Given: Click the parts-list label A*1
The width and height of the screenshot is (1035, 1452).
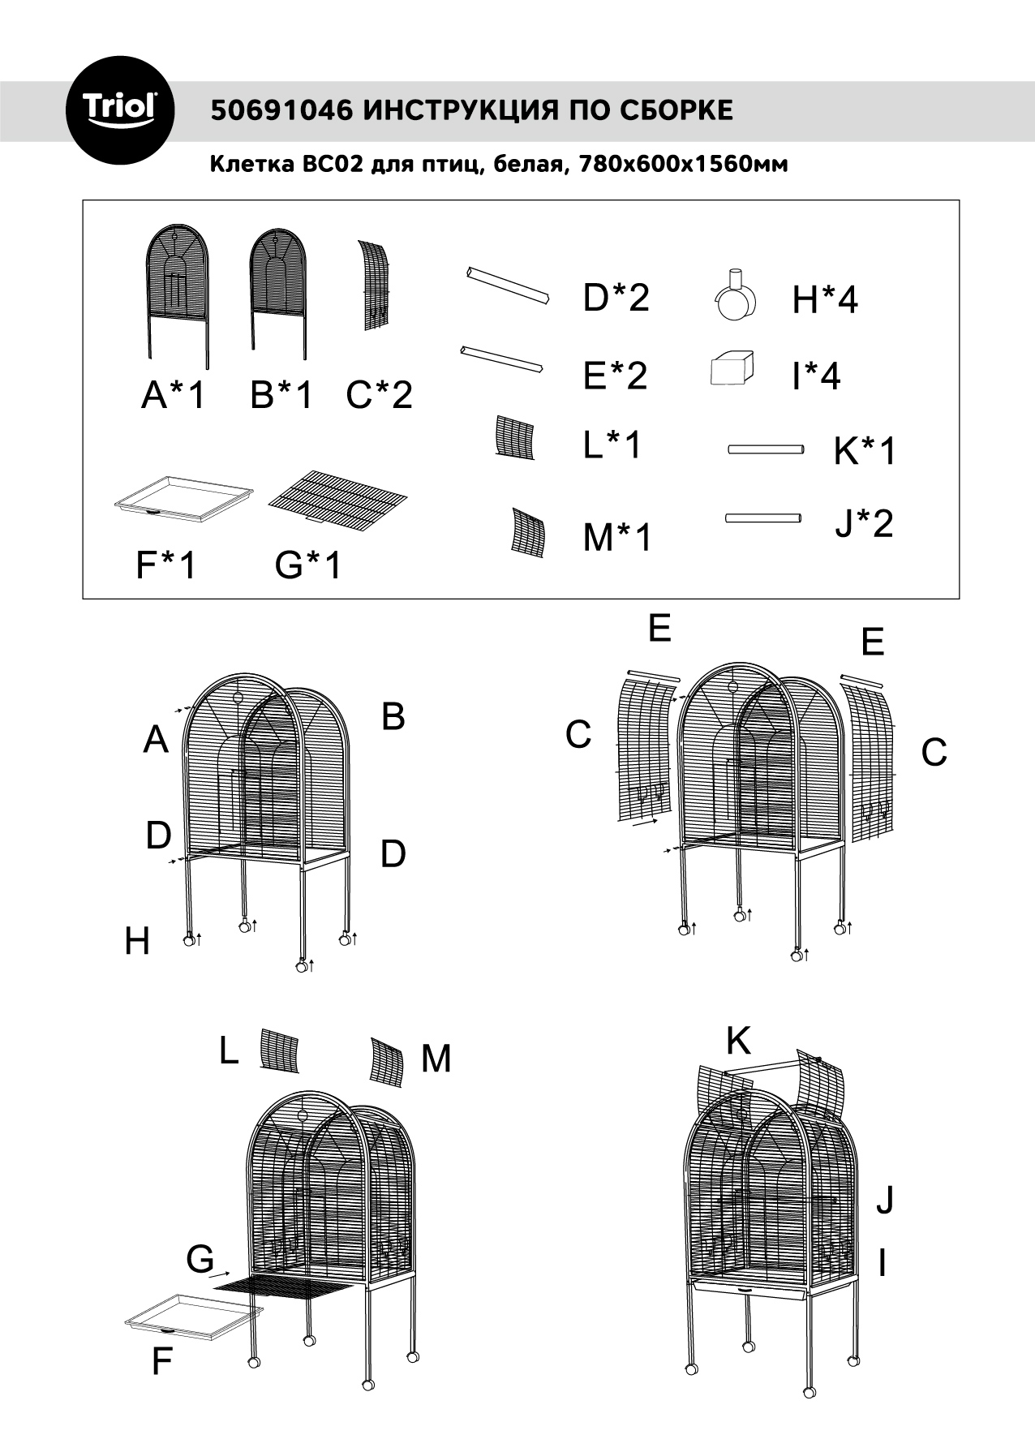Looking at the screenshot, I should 174,395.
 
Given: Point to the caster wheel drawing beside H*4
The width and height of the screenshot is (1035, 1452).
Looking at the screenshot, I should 737,299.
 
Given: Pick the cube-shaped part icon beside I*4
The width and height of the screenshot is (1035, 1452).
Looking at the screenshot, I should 732,370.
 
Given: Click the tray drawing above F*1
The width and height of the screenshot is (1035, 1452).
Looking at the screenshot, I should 183,495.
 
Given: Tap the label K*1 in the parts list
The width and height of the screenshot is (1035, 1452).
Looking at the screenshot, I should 865,452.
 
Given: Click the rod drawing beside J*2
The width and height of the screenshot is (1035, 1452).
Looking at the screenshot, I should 763,518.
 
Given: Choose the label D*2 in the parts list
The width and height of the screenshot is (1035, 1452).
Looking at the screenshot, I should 616,299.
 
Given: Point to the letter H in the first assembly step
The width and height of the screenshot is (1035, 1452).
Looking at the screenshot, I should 137,942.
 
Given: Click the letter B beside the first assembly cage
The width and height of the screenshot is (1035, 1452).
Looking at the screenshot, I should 393,717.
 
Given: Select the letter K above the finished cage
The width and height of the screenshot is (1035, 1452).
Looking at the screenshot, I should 738,1041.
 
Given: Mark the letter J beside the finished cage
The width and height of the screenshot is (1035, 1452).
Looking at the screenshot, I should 884,1200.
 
